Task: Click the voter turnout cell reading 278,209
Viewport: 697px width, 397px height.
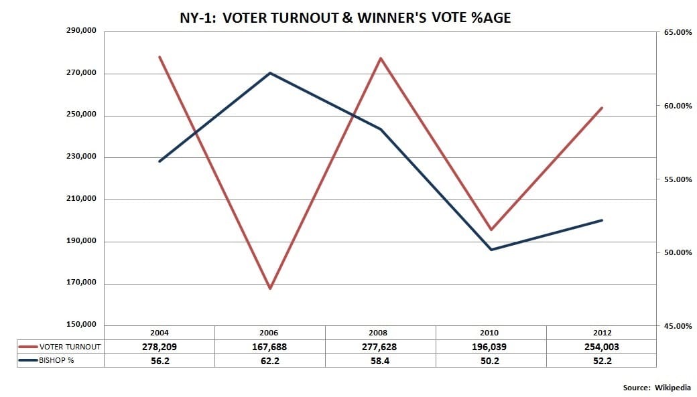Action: (160, 347)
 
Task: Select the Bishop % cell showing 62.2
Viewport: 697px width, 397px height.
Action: (270, 360)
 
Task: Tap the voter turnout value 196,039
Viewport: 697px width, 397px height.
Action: (491, 347)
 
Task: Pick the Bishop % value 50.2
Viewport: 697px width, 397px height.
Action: (491, 360)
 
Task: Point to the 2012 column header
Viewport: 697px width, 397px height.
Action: (601, 333)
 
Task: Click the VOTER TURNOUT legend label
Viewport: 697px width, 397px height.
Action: (70, 347)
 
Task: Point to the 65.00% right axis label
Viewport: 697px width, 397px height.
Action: (677, 32)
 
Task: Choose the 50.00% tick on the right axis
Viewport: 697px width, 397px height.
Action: (677, 252)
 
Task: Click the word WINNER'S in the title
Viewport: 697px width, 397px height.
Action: (393, 18)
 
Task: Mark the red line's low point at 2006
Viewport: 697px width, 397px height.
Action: (270, 289)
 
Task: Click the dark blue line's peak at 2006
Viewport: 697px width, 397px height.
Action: (270, 72)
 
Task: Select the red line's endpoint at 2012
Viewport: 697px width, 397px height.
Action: (602, 108)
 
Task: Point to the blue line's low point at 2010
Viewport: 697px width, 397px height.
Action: (491, 250)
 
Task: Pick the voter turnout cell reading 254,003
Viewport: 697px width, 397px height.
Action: (601, 347)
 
